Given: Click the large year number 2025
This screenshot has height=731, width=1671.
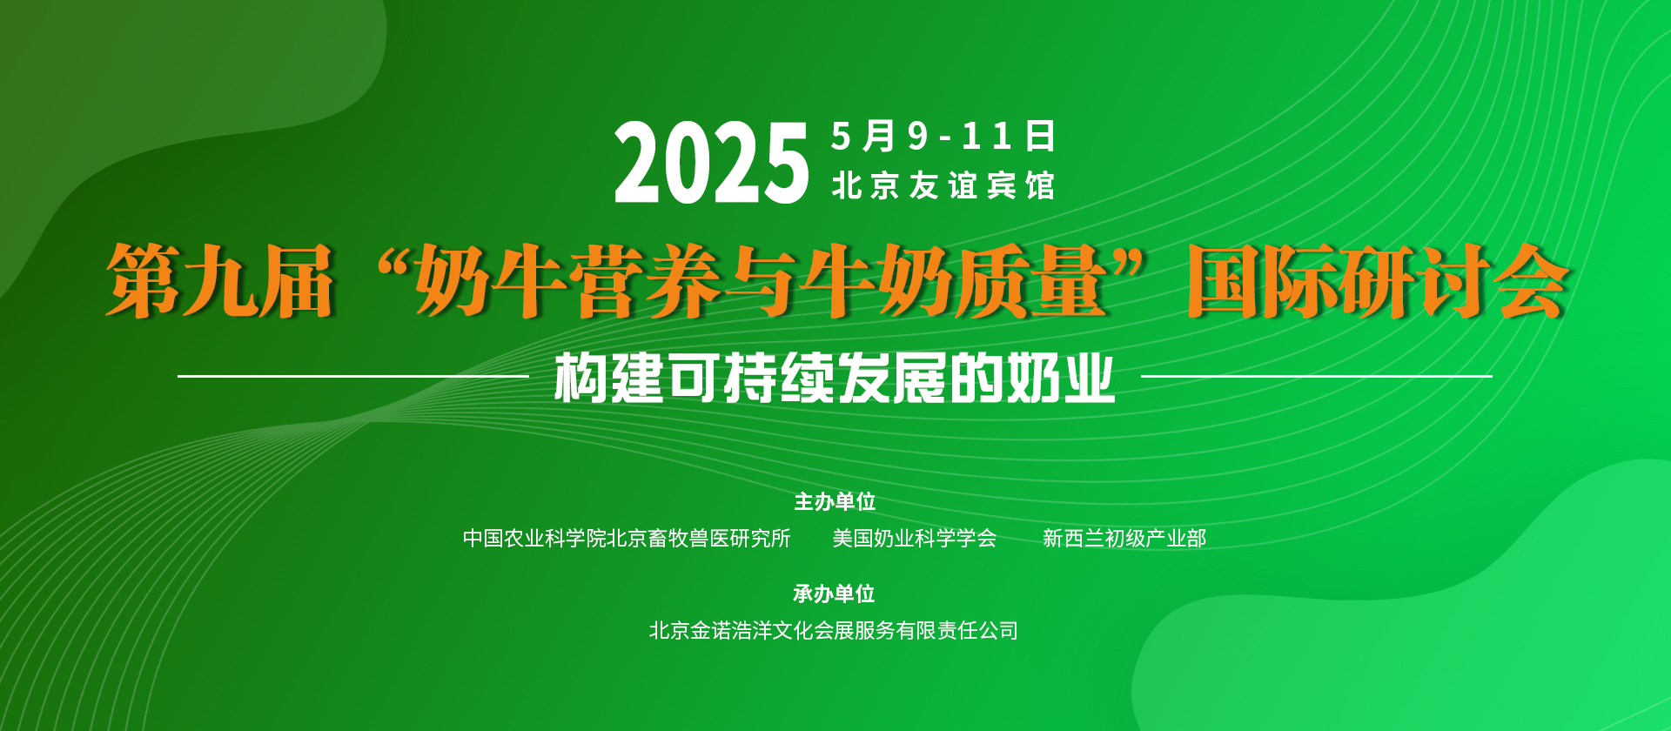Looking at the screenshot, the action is tap(712, 163).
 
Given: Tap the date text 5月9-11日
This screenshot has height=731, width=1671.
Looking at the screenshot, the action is tap(943, 136).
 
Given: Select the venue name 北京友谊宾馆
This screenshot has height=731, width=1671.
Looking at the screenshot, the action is tap(943, 185).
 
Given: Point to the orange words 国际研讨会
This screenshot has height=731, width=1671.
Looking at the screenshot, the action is tap(1379, 280).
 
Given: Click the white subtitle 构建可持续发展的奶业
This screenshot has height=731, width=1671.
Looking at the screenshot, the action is tap(835, 378).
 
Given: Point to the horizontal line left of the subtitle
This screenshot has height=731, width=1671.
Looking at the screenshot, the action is tap(353, 376).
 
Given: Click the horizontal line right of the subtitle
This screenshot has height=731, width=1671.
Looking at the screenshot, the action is tap(1316, 376).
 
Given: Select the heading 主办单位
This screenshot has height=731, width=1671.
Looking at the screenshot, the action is tap(835, 502).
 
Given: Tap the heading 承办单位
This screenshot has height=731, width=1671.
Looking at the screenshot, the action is tap(834, 594).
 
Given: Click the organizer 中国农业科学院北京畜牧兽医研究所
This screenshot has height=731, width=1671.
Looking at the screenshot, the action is tap(627, 539).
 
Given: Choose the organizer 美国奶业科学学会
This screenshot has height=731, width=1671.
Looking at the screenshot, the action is tap(915, 539).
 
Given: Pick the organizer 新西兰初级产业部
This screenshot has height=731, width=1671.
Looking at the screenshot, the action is tap(1124, 539).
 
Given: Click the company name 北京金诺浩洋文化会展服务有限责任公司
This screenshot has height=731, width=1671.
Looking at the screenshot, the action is tap(834, 631).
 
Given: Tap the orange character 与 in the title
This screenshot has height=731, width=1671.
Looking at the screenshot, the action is tap(762, 280).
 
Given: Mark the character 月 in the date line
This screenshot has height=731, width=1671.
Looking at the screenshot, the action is tap(879, 136).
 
